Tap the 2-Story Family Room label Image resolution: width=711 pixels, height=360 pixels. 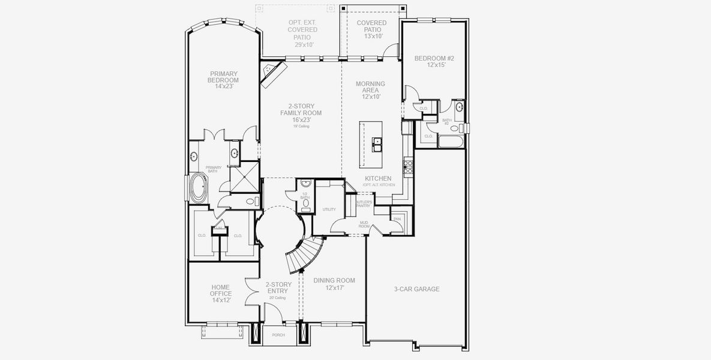(x=301, y=113)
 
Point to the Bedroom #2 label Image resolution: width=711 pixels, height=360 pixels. (x=434, y=62)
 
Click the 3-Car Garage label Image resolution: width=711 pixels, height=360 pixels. (x=416, y=289)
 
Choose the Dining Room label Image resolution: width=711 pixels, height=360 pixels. (x=334, y=284)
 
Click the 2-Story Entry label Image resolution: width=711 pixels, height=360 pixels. (x=278, y=289)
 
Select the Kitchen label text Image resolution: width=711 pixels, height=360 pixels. (x=378, y=179)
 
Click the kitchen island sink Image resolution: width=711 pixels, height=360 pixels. (x=377, y=143)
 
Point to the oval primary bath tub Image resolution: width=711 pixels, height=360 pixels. (x=197, y=187)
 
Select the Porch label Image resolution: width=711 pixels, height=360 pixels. (x=278, y=335)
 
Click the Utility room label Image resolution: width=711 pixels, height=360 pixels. (x=329, y=209)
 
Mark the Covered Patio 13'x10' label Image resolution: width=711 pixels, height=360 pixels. (x=371, y=29)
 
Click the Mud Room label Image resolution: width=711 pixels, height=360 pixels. (x=364, y=224)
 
